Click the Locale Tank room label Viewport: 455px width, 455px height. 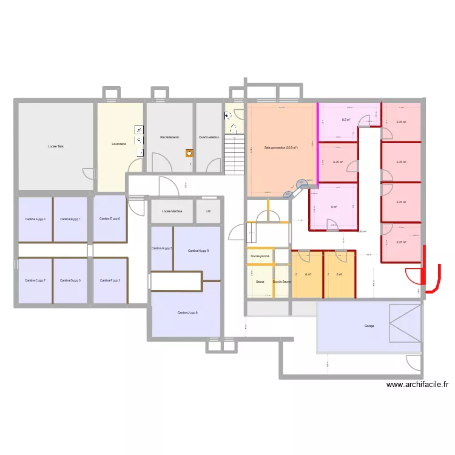pos(56,146)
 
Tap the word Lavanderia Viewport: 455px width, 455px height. pos(119,144)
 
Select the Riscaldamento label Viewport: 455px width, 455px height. pos(169,137)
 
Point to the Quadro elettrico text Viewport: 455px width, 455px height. pos(208,137)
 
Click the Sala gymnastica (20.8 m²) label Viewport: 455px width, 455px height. pos(281,147)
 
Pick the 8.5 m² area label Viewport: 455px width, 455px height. pos(346,120)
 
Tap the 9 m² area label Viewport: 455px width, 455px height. pos(334,207)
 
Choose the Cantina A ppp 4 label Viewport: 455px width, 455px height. pos(35,218)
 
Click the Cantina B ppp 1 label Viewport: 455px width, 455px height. pos(71,218)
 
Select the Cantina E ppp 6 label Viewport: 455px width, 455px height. pos(110,218)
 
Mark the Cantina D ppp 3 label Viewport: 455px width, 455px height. pos(70,280)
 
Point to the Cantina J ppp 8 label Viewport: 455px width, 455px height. pos(187,312)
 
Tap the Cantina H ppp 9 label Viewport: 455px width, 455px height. pos(198,250)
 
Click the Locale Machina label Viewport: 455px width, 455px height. pos(172,212)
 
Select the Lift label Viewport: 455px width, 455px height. pos(208,212)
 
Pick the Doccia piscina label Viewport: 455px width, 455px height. pos(260,257)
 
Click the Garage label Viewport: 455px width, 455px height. pos(369,326)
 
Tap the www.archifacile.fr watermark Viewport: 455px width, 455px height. pos(418,384)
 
